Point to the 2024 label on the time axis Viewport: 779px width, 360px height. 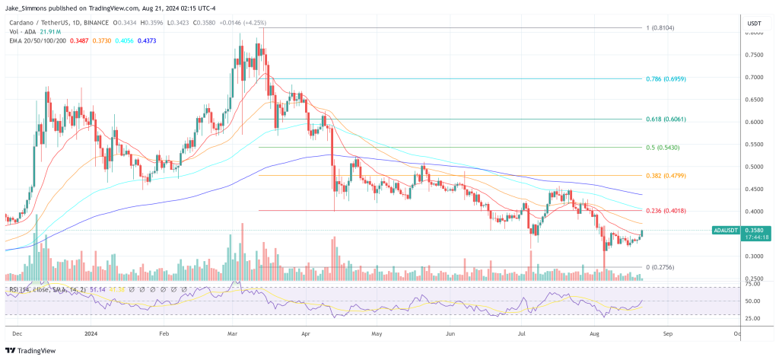[91, 333]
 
